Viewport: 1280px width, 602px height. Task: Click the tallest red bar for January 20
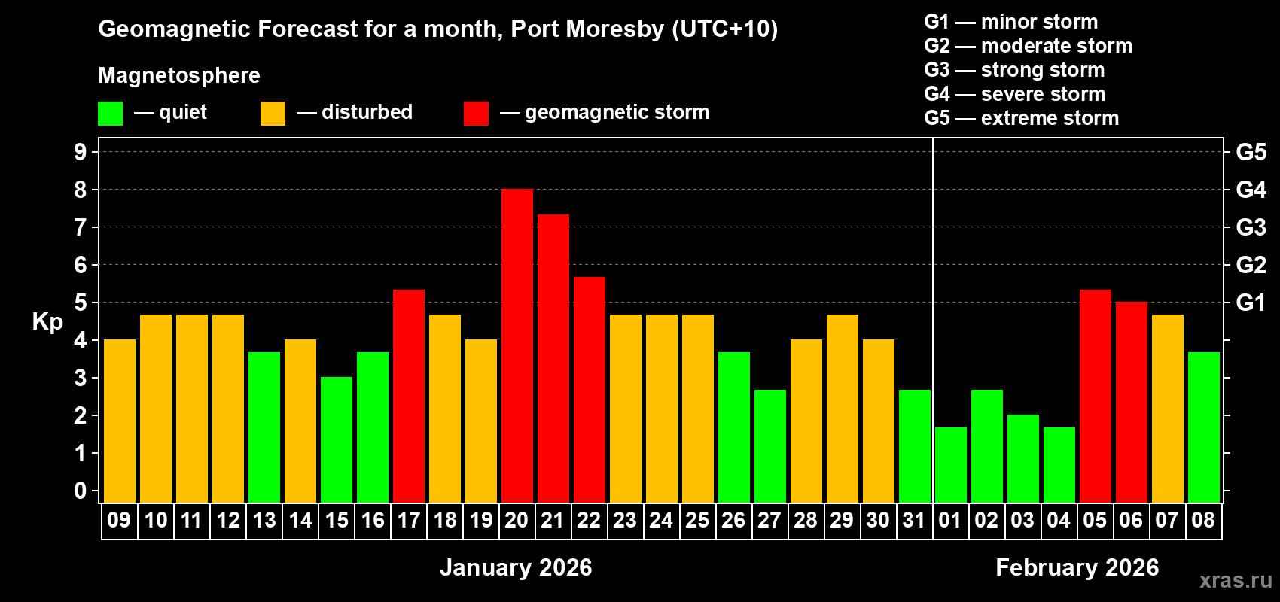point(517,346)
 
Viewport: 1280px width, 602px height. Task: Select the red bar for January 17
point(409,396)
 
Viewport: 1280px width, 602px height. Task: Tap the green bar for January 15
point(337,439)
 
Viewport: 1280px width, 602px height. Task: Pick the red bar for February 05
point(1096,396)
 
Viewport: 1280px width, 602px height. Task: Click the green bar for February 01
point(951,465)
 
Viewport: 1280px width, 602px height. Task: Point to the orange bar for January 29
point(843,409)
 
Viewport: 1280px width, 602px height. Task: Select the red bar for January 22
point(590,390)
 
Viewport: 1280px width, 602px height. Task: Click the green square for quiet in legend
point(110,114)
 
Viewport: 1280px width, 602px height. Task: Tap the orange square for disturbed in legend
point(273,114)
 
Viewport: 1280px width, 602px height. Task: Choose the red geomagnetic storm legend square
point(476,114)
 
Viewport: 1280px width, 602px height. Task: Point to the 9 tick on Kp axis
point(81,152)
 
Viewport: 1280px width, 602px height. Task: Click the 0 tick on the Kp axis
point(81,491)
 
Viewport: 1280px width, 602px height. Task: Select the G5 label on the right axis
point(1251,152)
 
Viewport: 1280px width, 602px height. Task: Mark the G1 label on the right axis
point(1251,303)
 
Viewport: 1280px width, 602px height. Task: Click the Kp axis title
point(47,321)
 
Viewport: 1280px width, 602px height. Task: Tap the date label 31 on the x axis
point(914,520)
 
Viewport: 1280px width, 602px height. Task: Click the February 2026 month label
point(1077,567)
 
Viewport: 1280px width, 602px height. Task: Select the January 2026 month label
point(516,567)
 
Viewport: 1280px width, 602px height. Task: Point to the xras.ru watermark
point(1236,580)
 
